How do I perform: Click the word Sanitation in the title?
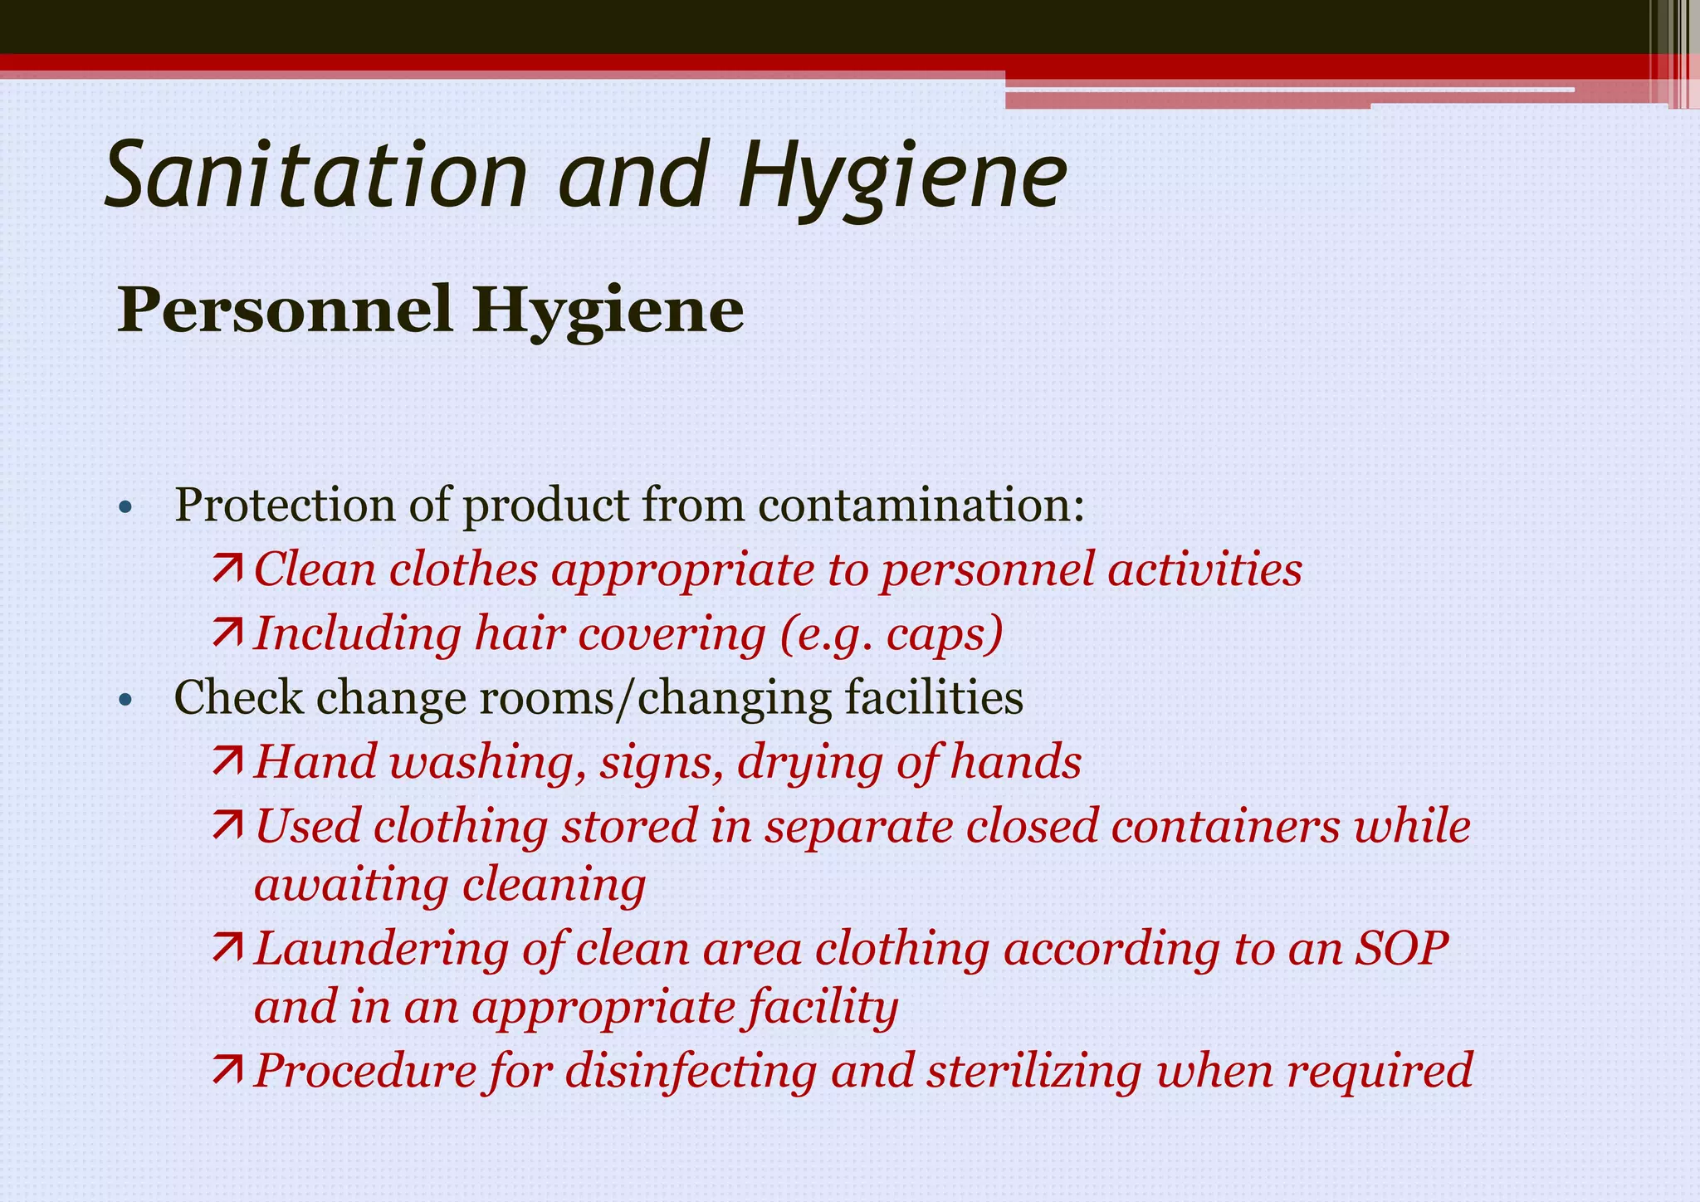click(316, 176)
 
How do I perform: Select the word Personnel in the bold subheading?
click(283, 310)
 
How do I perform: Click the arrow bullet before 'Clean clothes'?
click(227, 569)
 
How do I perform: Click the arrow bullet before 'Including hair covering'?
click(227, 633)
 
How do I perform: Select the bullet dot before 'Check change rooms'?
click(125, 700)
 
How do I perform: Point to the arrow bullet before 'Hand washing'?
click(227, 761)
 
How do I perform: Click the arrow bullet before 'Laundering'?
click(227, 948)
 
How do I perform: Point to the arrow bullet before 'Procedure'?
click(227, 1070)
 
